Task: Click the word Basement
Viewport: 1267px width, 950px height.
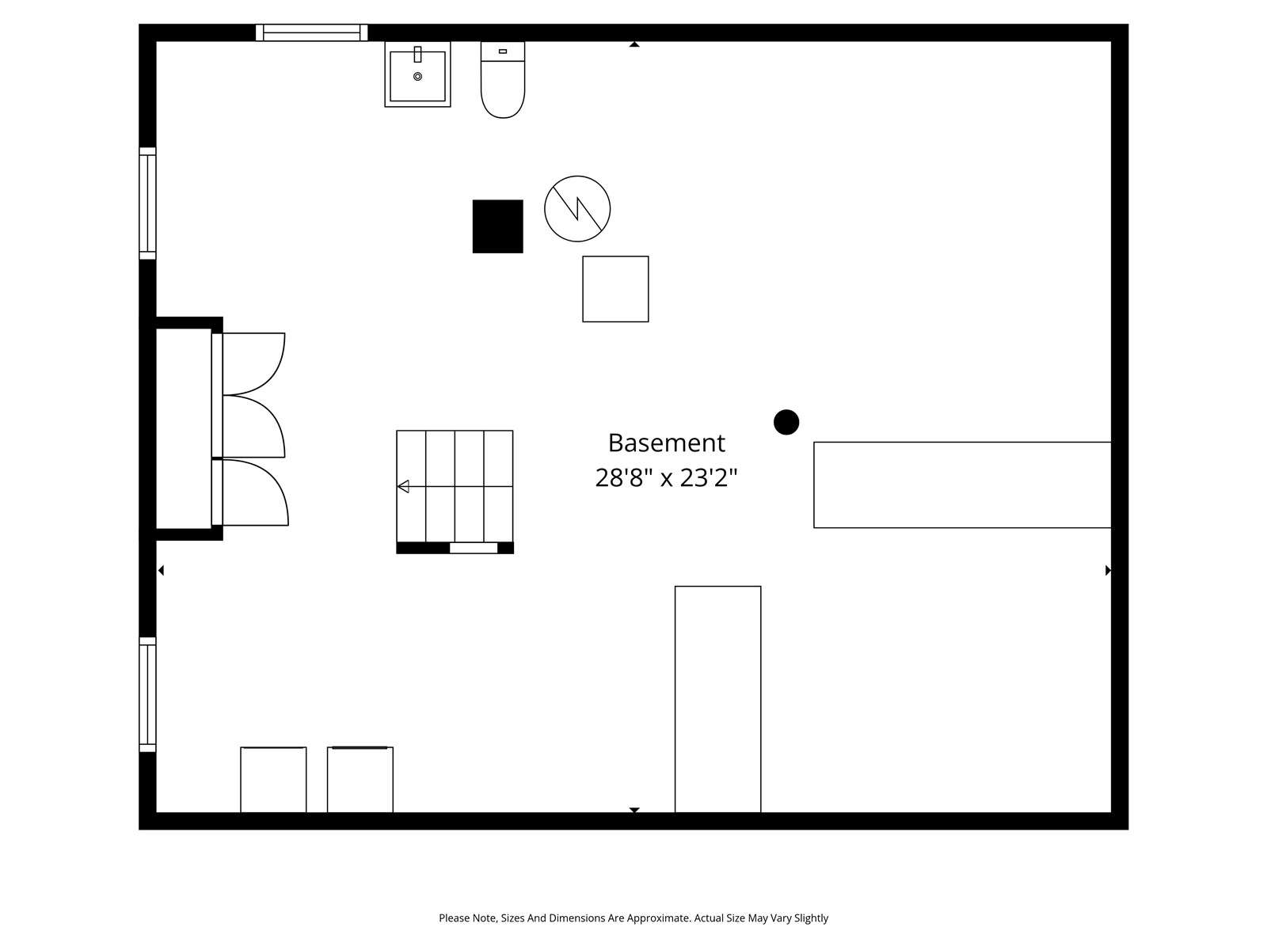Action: coord(666,443)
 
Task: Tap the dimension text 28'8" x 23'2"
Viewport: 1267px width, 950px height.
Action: coord(666,477)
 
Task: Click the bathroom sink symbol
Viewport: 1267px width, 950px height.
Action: coord(417,74)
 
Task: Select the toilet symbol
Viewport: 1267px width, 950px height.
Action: coord(503,80)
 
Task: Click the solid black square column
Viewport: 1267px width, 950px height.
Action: coord(497,226)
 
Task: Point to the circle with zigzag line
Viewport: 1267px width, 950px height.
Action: coord(577,209)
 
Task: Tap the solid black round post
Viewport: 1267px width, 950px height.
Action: coord(786,422)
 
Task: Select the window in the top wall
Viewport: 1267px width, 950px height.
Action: coord(312,33)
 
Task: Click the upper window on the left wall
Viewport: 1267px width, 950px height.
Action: coord(148,203)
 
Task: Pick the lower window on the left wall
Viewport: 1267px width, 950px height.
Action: coord(148,694)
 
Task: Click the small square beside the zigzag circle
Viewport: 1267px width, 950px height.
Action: coord(615,289)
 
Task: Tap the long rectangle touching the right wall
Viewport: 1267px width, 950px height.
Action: coord(962,485)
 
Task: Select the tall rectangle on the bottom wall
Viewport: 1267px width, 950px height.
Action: coord(718,699)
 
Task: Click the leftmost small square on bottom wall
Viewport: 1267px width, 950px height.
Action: coord(274,780)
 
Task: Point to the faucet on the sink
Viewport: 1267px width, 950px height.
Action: coord(418,54)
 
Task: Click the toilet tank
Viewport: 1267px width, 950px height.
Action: coord(503,51)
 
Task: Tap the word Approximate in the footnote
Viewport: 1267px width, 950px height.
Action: coord(658,918)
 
